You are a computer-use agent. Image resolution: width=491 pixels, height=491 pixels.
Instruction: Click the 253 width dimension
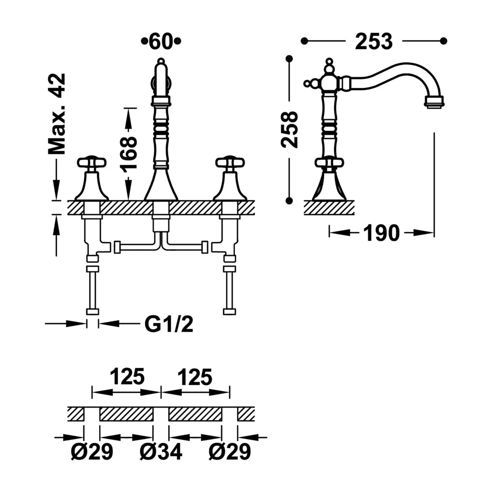click(374, 41)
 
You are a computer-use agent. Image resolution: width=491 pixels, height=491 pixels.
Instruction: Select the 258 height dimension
click(289, 129)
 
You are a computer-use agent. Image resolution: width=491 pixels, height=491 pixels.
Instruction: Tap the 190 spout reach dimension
click(381, 233)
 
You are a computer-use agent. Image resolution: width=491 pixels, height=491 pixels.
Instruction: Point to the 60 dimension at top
click(161, 41)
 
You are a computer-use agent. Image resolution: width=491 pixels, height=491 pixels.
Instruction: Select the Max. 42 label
click(57, 114)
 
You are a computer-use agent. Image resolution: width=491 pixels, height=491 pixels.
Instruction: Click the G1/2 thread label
click(169, 324)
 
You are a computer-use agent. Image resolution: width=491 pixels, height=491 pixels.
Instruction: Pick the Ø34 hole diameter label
click(161, 452)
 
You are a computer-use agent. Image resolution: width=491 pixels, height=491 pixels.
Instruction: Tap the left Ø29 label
click(92, 452)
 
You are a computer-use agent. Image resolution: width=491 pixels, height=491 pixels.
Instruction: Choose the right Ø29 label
click(230, 452)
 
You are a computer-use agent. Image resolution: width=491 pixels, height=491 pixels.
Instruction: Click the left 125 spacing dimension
click(127, 376)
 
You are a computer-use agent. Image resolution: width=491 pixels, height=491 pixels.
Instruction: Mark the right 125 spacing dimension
click(195, 376)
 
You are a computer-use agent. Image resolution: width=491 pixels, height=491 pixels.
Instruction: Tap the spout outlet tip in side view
click(434, 103)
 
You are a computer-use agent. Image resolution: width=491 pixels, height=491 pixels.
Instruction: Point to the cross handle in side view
click(329, 163)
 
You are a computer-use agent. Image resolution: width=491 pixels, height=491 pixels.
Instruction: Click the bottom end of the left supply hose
click(92, 311)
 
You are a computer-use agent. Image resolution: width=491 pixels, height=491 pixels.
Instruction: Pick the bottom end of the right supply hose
click(230, 311)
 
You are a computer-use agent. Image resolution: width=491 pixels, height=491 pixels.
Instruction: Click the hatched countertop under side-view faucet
click(329, 207)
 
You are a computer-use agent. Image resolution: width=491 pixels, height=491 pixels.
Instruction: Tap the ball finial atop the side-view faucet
click(329, 62)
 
